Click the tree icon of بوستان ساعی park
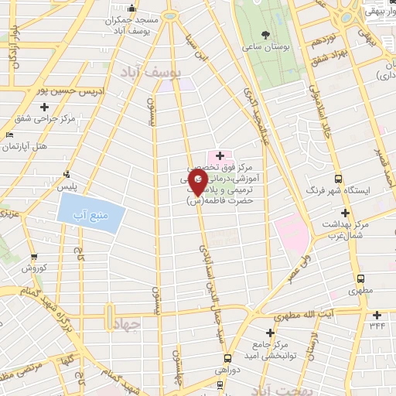click(x=266, y=35)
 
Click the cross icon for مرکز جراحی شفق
click(x=24, y=118)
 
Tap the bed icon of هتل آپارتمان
click(x=9, y=135)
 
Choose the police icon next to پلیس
click(x=67, y=173)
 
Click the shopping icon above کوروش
click(x=32, y=258)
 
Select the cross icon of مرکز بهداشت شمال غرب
click(x=345, y=213)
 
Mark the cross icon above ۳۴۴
click(x=377, y=314)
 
